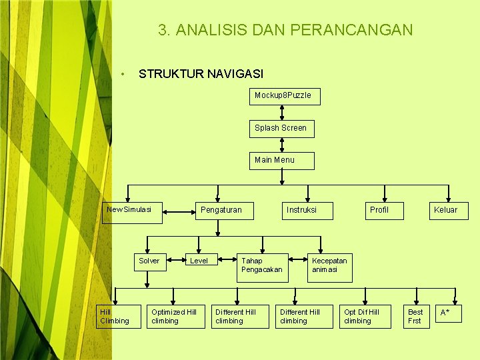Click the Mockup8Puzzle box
tap(283, 96)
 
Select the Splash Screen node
tap(281, 128)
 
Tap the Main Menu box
tap(281, 161)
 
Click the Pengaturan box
tap(221, 211)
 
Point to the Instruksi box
tap(301, 211)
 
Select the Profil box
tap(379, 211)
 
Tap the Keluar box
tap(445, 211)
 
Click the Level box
tap(199, 261)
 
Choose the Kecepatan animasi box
tap(329, 265)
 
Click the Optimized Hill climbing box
tap(176, 317)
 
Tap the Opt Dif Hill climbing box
tap(365, 317)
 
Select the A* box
tap(446, 313)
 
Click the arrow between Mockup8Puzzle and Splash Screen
tap(283, 112)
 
